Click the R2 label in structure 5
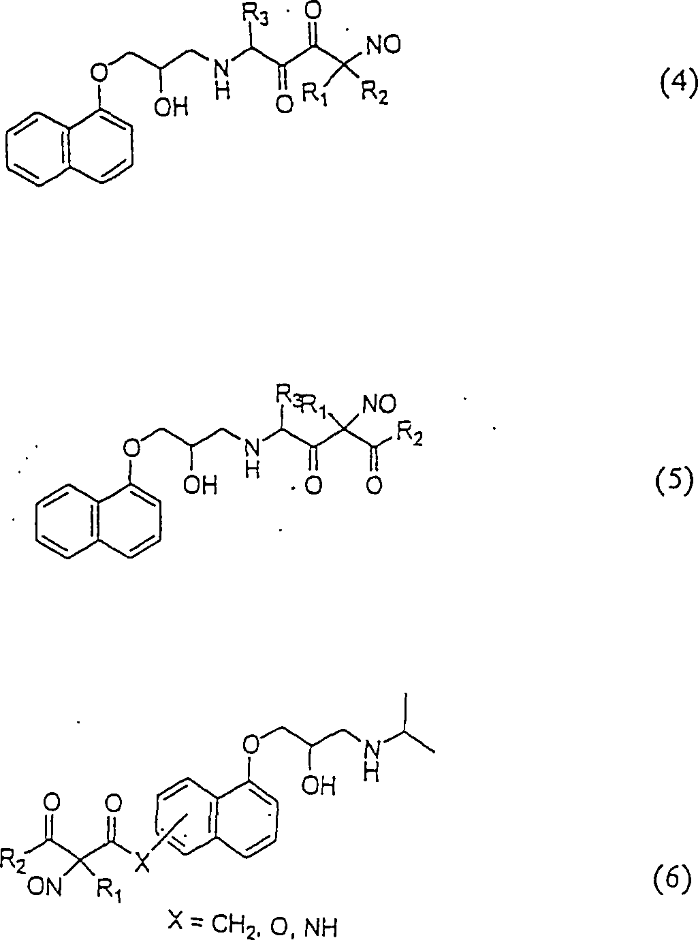tap(411, 433)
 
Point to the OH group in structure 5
tap(200, 485)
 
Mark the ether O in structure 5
tap(132, 447)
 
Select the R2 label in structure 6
tap(13, 861)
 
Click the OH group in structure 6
tap(319, 786)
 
